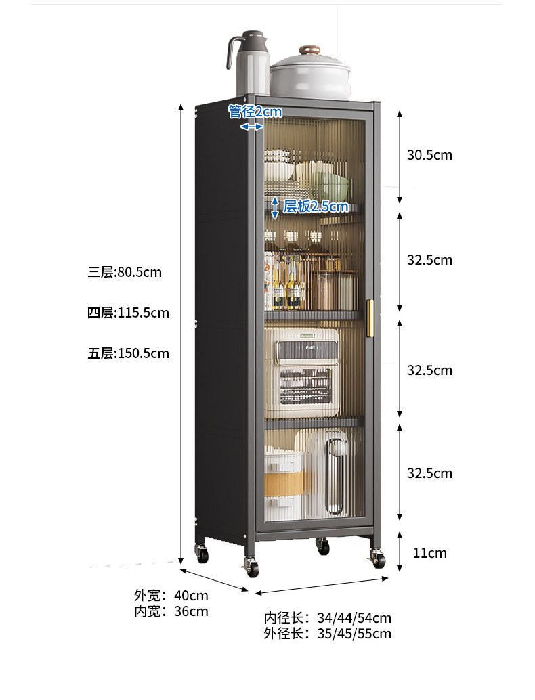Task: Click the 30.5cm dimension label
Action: (x=429, y=155)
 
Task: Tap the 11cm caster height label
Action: (x=430, y=553)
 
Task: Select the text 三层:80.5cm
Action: (x=125, y=272)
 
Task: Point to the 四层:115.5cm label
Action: (x=128, y=313)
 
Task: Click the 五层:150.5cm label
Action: (x=128, y=353)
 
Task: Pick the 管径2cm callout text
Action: (x=255, y=112)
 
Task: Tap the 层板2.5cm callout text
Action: (x=315, y=206)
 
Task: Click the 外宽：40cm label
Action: (x=171, y=596)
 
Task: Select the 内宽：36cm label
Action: (x=171, y=611)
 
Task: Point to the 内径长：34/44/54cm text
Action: (x=328, y=618)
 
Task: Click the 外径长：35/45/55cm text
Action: (x=328, y=634)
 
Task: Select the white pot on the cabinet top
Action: (x=312, y=76)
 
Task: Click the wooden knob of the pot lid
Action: (x=311, y=50)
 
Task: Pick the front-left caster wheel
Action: (x=252, y=567)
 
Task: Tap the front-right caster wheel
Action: (x=377, y=559)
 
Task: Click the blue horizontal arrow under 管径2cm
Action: (x=252, y=127)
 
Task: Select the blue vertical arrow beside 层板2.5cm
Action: (x=275, y=208)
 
